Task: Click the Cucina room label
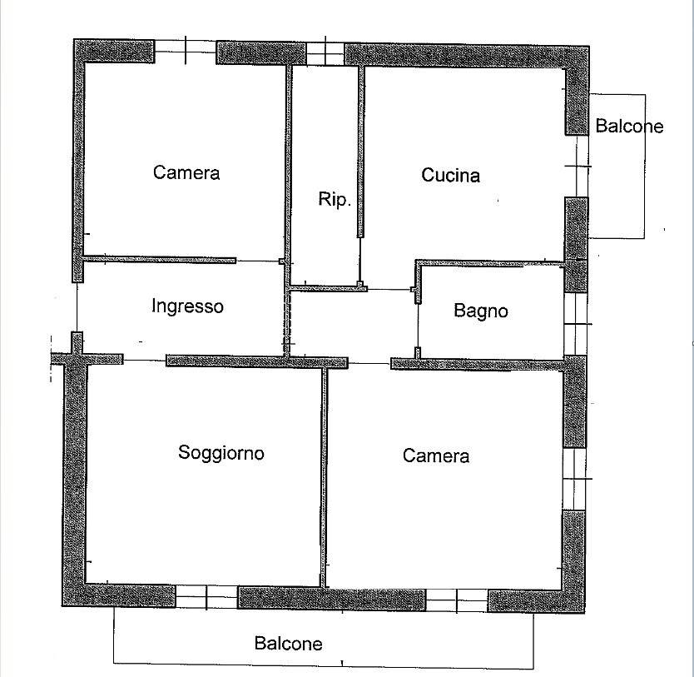(450, 175)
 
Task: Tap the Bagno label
(481, 311)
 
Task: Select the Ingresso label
(187, 306)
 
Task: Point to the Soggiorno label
(221, 453)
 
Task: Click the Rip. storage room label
(335, 199)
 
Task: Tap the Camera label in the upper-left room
(186, 172)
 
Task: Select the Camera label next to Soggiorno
(436, 455)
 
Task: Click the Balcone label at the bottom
(288, 644)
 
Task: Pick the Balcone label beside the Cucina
(629, 127)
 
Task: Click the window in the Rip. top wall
(325, 53)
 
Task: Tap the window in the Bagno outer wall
(575, 324)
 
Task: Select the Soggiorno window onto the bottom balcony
(206, 596)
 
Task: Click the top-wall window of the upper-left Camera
(186, 52)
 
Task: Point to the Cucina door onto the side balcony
(578, 166)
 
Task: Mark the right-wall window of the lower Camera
(574, 479)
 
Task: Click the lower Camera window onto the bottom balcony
(457, 600)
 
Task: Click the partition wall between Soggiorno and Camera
(324, 477)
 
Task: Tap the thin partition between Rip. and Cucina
(360, 152)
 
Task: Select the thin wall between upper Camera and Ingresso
(159, 259)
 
